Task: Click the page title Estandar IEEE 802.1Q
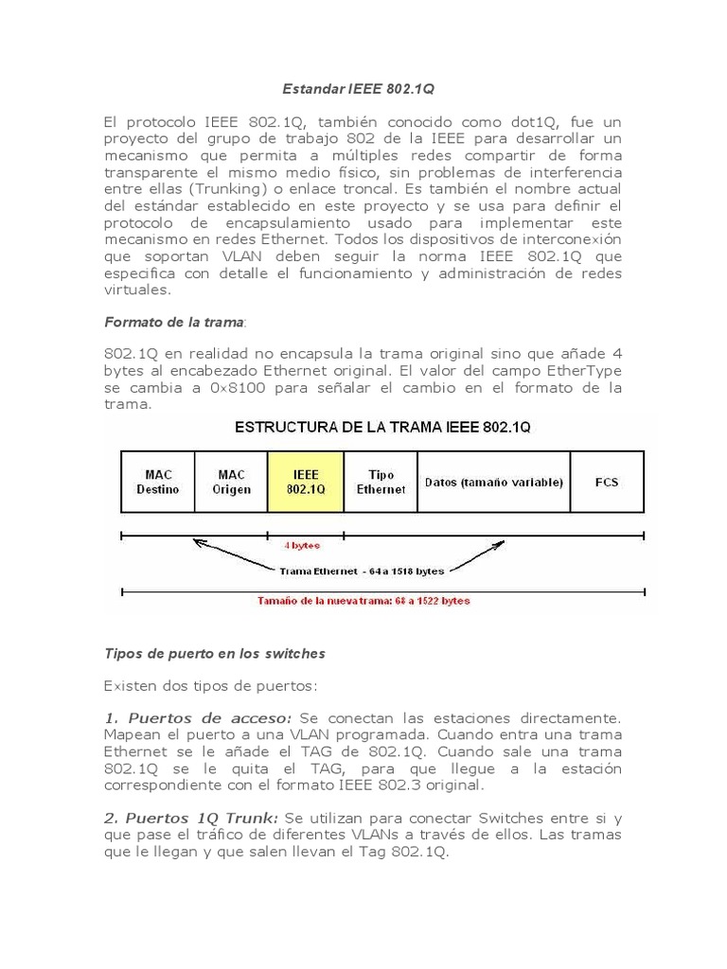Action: coord(359,89)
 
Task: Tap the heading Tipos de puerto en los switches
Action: coord(214,653)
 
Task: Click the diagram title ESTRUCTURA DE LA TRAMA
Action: coord(382,427)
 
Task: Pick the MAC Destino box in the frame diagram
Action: coord(157,482)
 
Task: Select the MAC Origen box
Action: coord(231,482)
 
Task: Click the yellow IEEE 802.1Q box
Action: coord(305,482)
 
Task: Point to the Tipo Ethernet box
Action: coord(380,482)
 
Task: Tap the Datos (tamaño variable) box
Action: coord(493,482)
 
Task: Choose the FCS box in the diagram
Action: coord(606,482)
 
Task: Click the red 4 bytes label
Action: coord(302,545)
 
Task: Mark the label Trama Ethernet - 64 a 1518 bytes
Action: coord(361,571)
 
